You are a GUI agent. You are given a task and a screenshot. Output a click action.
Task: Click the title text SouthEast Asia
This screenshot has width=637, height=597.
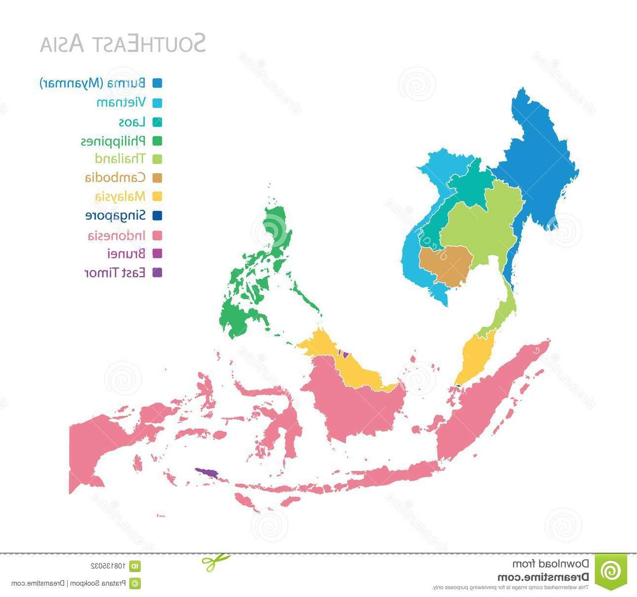tap(122, 43)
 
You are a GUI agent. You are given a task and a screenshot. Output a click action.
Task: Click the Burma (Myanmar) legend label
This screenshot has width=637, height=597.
tap(93, 83)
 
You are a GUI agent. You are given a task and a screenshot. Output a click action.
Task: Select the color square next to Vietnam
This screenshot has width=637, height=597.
tap(157, 103)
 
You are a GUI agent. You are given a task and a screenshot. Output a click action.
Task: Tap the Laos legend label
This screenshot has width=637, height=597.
tap(132, 122)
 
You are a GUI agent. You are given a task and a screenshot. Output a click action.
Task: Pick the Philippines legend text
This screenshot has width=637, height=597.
tap(113, 141)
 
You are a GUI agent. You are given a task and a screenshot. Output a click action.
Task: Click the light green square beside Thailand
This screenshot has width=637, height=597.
tap(157, 159)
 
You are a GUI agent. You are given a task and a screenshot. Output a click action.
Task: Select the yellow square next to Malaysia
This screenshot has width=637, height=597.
tap(157, 197)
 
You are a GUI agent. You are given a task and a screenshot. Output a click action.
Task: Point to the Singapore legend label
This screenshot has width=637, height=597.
tap(116, 216)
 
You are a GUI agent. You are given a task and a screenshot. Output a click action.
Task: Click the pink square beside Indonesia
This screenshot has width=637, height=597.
tap(157, 235)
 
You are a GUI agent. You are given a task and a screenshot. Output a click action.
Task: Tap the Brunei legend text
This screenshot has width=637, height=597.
tap(126, 254)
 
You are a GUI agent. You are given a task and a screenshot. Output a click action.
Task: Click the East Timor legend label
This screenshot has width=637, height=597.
tap(115, 273)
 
